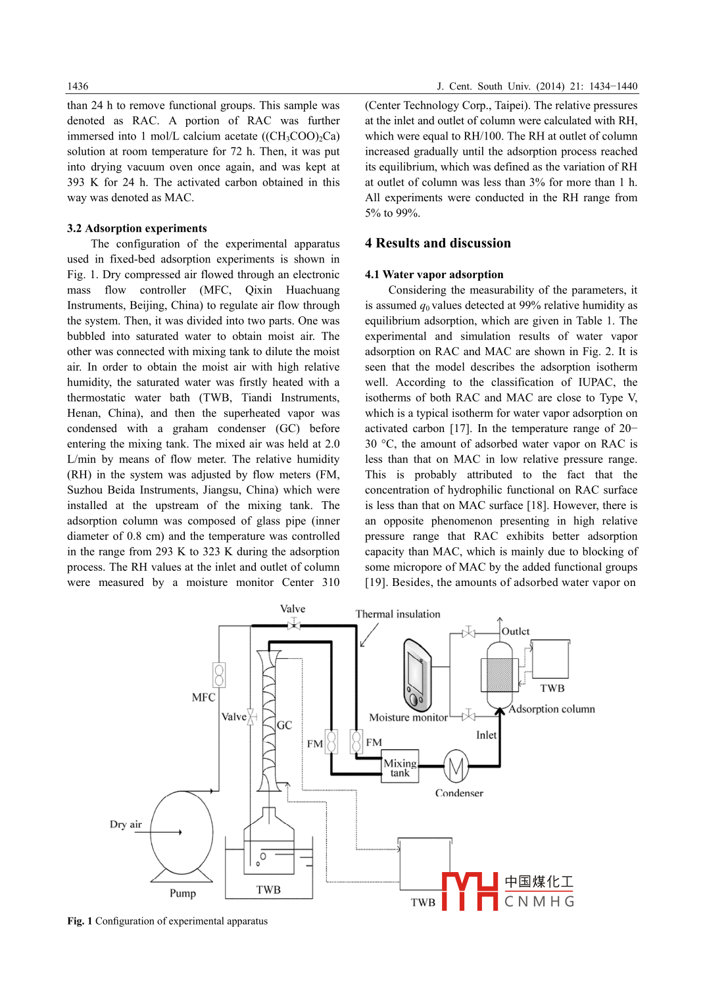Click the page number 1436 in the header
tap(78, 86)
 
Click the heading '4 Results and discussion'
tap(437, 243)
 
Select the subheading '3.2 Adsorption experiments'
tap(137, 228)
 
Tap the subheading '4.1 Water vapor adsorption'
tap(434, 274)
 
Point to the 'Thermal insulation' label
tap(398, 614)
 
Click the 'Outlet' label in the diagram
tap(516, 631)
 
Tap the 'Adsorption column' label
tap(552, 709)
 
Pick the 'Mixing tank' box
tap(400, 767)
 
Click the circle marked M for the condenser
tap(456, 766)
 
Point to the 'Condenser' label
tap(459, 793)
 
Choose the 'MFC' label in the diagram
tap(203, 697)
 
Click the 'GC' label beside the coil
tap(284, 725)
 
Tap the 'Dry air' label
tap(126, 825)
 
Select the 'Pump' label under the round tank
tap(182, 893)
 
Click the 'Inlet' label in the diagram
tap(486, 735)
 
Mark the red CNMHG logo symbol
tap(470, 891)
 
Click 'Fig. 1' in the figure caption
tap(80, 921)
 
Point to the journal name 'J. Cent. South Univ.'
tap(483, 86)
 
